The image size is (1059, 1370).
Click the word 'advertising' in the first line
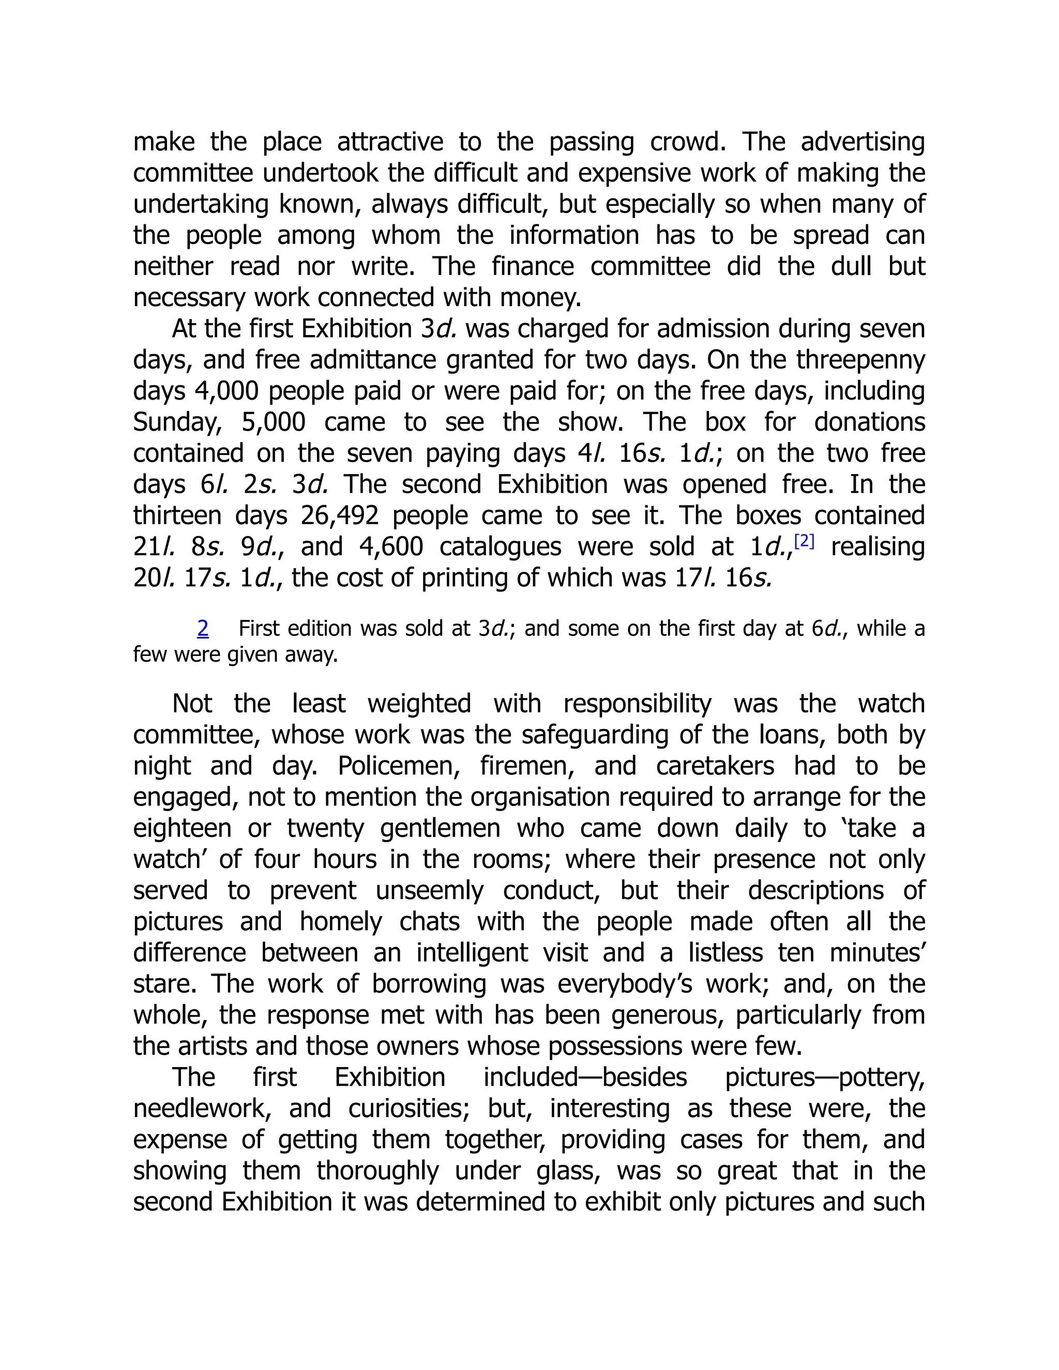click(x=863, y=142)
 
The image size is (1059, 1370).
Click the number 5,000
click(x=273, y=422)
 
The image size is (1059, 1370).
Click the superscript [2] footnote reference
click(x=804, y=541)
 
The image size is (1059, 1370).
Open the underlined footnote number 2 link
click(x=203, y=628)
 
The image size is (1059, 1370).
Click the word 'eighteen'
click(x=182, y=829)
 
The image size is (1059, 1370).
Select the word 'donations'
click(x=870, y=422)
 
